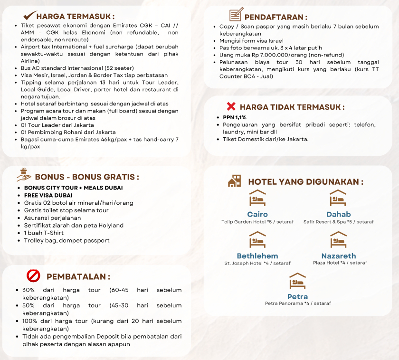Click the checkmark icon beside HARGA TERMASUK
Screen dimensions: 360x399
tap(30, 15)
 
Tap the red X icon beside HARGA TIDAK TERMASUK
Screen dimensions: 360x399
tap(231, 106)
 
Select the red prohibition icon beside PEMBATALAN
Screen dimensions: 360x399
tap(33, 275)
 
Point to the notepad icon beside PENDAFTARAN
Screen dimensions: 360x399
tap(235, 15)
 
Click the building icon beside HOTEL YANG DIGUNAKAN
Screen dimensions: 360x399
tap(234, 181)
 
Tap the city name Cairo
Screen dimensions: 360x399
tap(257, 214)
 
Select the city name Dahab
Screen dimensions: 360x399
tap(339, 214)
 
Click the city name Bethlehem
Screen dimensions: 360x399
tap(257, 256)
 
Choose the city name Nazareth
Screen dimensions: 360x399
tap(339, 256)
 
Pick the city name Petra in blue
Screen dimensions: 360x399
tap(298, 297)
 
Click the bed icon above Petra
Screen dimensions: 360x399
tap(298, 281)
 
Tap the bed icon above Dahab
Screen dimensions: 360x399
tap(338, 198)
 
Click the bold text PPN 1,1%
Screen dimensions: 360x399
tap(235, 117)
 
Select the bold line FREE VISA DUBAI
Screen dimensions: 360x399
tap(48, 195)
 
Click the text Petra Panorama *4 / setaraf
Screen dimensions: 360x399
tap(298, 303)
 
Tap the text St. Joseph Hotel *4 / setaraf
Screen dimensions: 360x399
tap(257, 263)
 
